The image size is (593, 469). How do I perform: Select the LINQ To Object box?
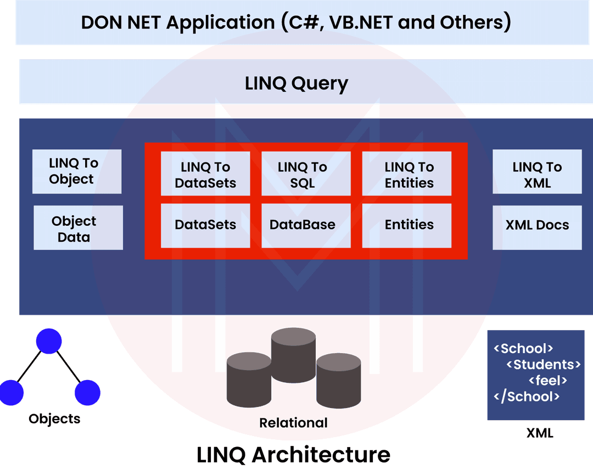(x=76, y=171)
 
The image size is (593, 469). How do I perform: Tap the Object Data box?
(x=78, y=228)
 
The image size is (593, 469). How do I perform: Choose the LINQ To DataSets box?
(x=205, y=174)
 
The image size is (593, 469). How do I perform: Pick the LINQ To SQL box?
(x=305, y=174)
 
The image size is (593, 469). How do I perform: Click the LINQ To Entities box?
(x=407, y=174)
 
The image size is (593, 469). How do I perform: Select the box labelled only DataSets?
(x=205, y=225)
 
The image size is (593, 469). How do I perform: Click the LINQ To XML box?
(x=537, y=174)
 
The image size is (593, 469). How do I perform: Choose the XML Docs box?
(x=537, y=225)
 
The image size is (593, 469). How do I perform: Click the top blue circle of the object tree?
(x=49, y=341)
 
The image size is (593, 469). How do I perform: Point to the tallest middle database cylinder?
(x=293, y=354)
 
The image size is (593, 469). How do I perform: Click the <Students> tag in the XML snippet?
(x=544, y=364)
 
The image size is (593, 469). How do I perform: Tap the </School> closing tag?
(x=527, y=397)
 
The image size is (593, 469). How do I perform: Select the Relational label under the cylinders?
(x=293, y=423)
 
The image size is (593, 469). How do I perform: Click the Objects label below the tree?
(x=54, y=419)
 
